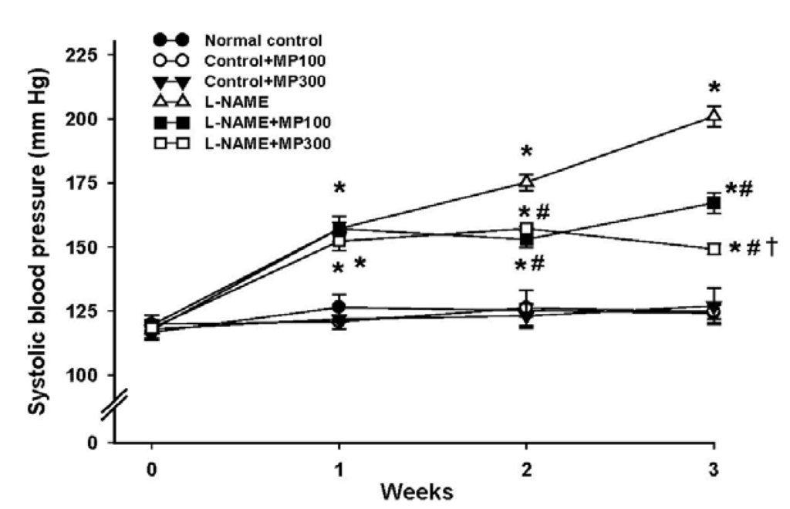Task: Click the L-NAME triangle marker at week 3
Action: [x=714, y=116]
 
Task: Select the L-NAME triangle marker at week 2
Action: [x=526, y=182]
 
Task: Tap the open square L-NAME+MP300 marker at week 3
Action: [x=714, y=249]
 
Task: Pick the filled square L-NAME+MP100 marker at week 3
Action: [x=714, y=204]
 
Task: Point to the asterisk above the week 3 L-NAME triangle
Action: [x=714, y=86]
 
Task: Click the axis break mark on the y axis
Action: [x=114, y=406]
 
